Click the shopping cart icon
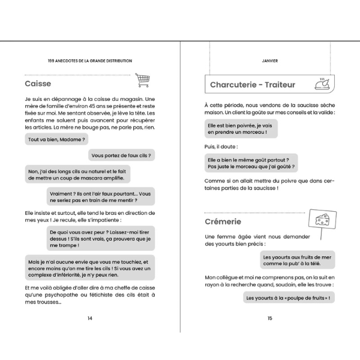pyautogui.click(x=142, y=80)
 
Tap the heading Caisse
pyautogui.click(x=38, y=83)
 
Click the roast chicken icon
pyautogui.click(x=322, y=84)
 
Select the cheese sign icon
pyautogui.click(x=322, y=220)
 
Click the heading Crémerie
pyautogui.click(x=223, y=222)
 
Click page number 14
pyautogui.click(x=90, y=318)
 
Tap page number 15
pyautogui.click(x=270, y=318)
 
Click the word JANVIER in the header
pyautogui.click(x=270, y=61)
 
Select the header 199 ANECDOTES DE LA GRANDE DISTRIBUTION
pyautogui.click(x=90, y=61)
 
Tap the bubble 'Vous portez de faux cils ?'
pyautogui.click(x=122, y=155)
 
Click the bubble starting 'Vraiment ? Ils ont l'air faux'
pyautogui.click(x=100, y=197)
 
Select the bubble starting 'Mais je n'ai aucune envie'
pyautogui.click(x=89, y=267)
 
